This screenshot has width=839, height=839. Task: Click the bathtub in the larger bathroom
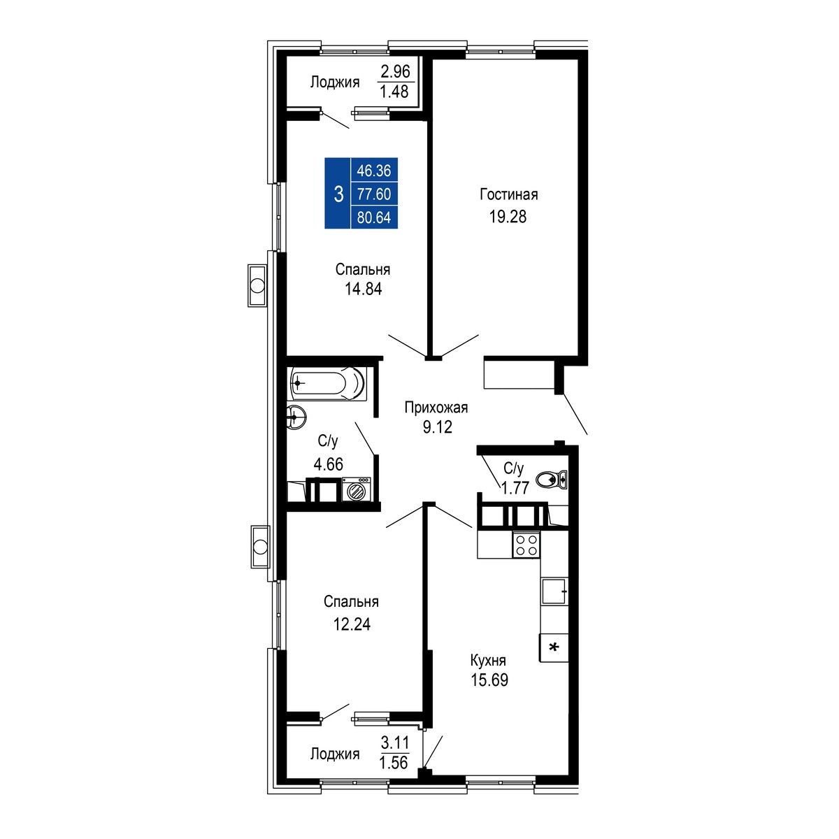[x=327, y=384]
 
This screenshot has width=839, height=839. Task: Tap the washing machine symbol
[x=356, y=489]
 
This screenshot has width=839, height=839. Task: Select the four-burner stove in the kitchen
[x=526, y=545]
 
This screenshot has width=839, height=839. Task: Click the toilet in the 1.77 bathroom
[x=551, y=480]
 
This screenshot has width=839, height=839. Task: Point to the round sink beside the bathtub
[x=296, y=417]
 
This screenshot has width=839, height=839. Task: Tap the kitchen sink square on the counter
[x=554, y=591]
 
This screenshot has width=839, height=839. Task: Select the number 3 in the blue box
[x=338, y=194]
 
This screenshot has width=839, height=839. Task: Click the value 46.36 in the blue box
[x=373, y=171]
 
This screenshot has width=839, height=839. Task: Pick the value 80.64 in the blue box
[x=373, y=217]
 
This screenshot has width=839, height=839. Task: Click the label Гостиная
[x=508, y=194]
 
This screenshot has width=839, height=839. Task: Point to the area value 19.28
[x=508, y=216]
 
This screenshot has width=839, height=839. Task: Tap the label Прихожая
[x=436, y=408]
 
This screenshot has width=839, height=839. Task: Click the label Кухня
[x=488, y=661]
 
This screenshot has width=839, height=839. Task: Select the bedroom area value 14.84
[x=363, y=289]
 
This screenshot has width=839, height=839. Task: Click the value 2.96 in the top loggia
[x=395, y=71]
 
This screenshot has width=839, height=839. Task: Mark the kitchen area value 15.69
[x=489, y=680]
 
